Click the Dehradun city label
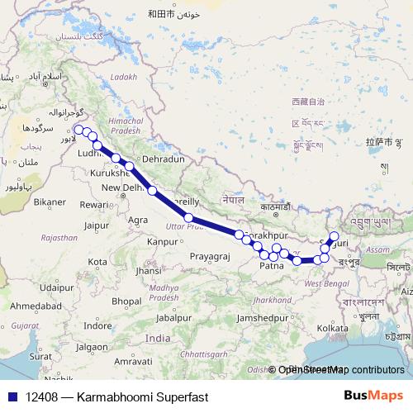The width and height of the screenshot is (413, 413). coord(162,158)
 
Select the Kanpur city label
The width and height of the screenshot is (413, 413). coord(161,242)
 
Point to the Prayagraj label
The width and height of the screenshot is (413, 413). coord(206,257)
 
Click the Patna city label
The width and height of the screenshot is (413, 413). coord(272,266)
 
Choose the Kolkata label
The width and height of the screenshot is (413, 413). coord(332,328)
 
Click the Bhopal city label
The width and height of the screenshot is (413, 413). coord(127,301)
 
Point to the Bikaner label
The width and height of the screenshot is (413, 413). coord(49,202)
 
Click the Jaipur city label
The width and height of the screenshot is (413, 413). coord(97,225)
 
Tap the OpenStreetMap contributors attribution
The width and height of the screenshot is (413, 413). coord(341,370)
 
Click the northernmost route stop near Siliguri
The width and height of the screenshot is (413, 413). coord(334,236)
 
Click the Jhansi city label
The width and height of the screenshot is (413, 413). coord(150,270)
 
